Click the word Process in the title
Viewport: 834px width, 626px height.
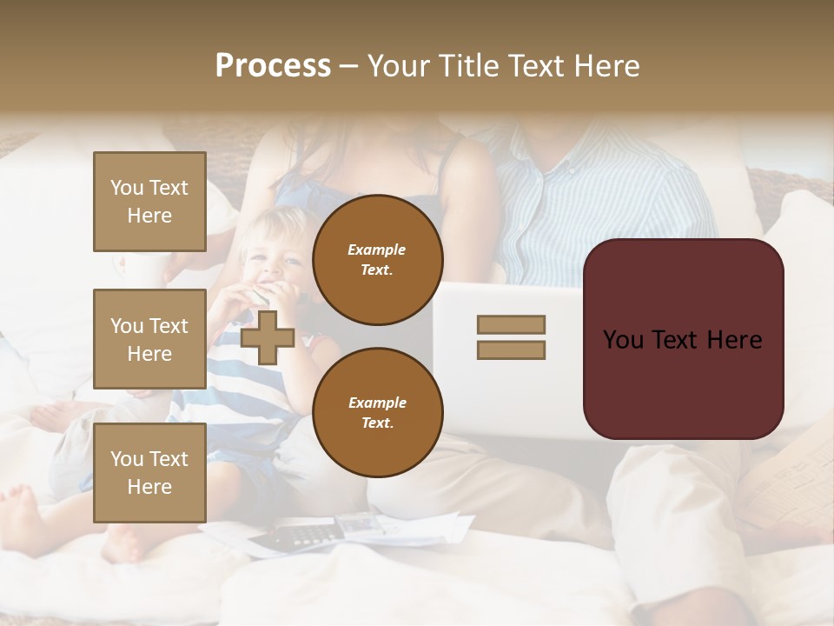pos(273,66)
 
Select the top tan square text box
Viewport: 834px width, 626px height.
pos(149,202)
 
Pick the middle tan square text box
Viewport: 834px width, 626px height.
pos(149,339)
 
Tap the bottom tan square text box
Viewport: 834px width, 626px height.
pos(149,472)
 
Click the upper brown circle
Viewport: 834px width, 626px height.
pos(377,260)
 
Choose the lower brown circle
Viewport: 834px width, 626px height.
pos(377,413)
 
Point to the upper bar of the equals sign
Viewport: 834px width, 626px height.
pos(511,324)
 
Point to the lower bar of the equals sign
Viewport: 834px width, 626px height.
pos(511,350)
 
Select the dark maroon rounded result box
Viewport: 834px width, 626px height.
pos(683,339)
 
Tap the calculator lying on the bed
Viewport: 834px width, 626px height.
pos(295,534)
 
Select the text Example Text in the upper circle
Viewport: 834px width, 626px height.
pos(377,260)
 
